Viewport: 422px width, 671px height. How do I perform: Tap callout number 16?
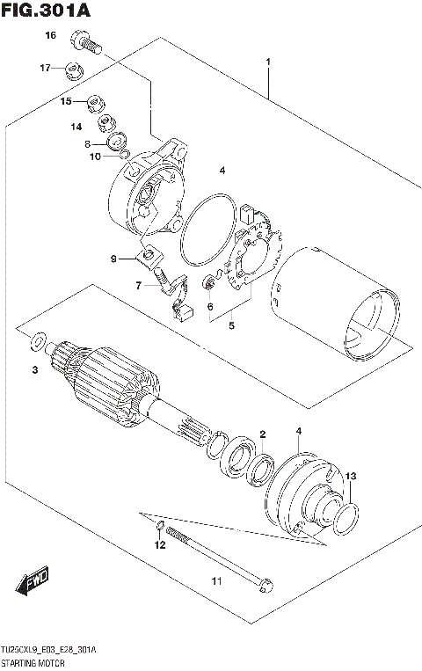51,35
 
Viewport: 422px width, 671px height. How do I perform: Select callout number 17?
44,68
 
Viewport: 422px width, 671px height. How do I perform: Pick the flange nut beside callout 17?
73,69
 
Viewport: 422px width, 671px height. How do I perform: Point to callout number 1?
268,62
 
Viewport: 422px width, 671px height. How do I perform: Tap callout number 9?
113,259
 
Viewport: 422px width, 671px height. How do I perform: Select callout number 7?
138,285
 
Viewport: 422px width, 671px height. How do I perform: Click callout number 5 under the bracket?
231,325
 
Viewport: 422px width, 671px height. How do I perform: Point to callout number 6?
210,306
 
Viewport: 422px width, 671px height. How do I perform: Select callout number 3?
35,370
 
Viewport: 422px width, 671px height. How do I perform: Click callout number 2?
262,434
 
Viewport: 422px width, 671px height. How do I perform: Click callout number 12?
159,545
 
